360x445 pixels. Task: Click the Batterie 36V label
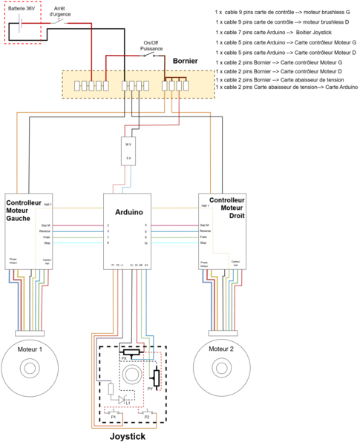click(22, 10)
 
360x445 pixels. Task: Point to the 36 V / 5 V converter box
click(128, 151)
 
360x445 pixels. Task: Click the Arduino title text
click(128, 212)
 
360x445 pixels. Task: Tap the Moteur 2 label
click(221, 349)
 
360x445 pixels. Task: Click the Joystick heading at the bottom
click(128, 437)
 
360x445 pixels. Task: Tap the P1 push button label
click(114, 418)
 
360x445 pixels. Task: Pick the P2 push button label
click(147, 418)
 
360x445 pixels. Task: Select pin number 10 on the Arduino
click(146, 243)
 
